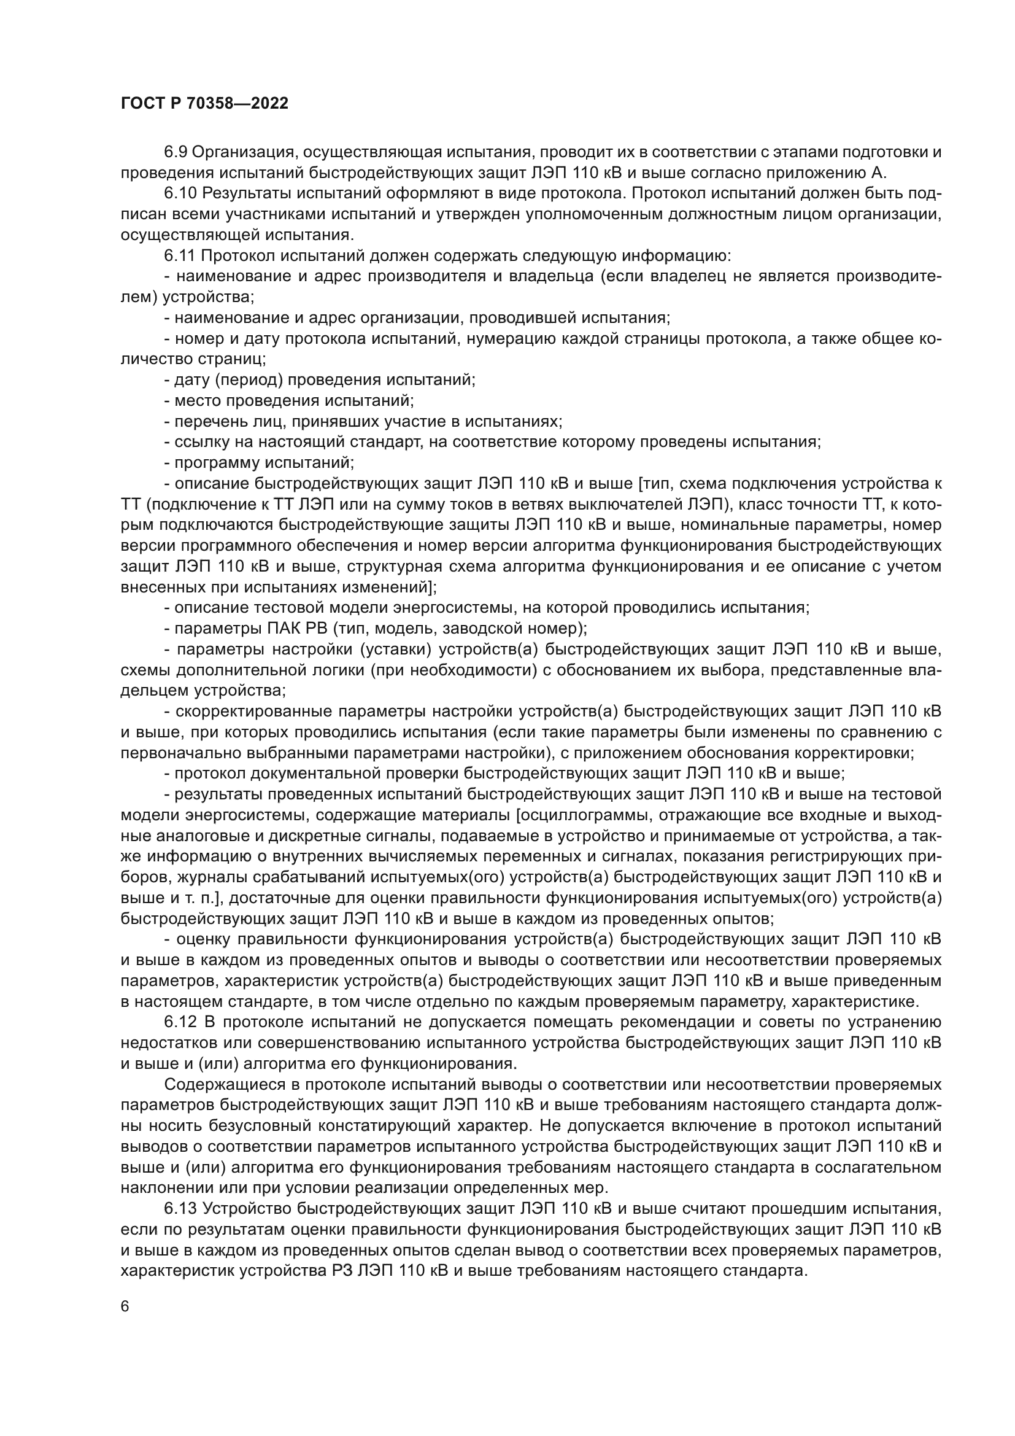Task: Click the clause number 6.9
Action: click(x=176, y=152)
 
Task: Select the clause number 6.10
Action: click(x=179, y=194)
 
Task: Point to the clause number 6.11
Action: click(x=179, y=256)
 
